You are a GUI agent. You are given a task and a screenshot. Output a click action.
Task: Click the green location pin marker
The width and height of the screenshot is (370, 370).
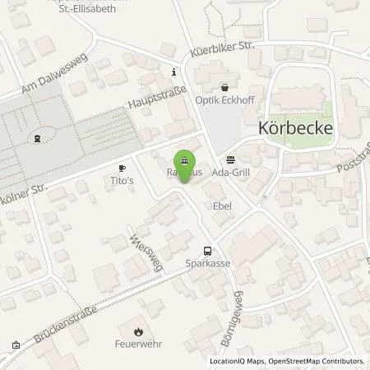[185, 160]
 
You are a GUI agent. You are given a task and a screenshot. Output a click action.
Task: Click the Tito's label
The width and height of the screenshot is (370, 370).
[122, 179]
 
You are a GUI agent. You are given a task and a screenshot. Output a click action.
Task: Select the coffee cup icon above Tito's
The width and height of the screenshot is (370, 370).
[122, 166]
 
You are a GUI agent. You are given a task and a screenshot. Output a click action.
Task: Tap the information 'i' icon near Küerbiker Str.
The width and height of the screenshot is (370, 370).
[173, 72]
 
